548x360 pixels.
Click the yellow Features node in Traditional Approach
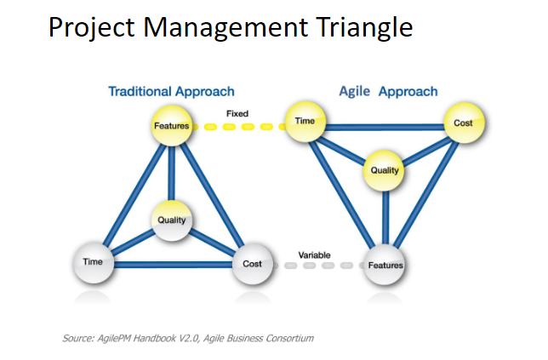click(171, 126)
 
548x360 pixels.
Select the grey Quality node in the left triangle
click(172, 220)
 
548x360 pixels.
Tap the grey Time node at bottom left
click(93, 262)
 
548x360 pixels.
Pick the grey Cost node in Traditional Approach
click(252, 263)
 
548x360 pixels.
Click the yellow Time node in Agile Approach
click(305, 122)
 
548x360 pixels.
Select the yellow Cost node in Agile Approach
click(463, 123)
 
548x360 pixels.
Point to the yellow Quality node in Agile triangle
click(385, 169)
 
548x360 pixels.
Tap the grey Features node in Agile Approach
click(385, 265)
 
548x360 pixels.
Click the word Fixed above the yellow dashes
click(237, 113)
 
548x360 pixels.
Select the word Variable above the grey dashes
click(315, 254)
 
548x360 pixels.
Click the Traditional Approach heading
click(171, 91)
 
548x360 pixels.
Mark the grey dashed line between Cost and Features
click(317, 266)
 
